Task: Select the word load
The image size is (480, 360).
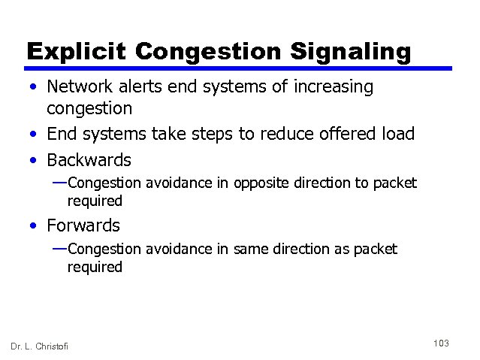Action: (x=397, y=135)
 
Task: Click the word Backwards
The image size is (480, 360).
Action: (x=89, y=160)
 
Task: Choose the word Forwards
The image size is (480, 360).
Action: (x=83, y=225)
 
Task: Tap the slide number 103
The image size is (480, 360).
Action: (x=441, y=343)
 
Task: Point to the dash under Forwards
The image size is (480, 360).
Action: (x=59, y=248)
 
